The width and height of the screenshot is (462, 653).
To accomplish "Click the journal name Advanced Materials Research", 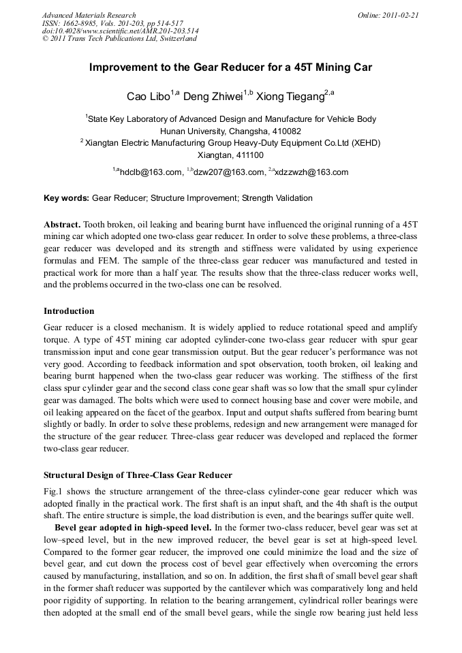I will [x=89, y=15].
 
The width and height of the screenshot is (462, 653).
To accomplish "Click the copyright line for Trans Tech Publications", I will [x=119, y=39].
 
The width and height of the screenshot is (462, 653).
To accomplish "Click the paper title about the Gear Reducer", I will [x=230, y=68].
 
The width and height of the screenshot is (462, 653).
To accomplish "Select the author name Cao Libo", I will [x=148, y=96].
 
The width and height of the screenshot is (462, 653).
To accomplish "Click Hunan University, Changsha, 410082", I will [x=230, y=131].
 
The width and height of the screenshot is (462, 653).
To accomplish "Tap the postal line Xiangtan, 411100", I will [x=230, y=155].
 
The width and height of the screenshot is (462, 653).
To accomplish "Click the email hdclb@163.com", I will [x=151, y=172].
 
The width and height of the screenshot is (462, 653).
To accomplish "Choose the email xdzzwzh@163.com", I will [x=311, y=172].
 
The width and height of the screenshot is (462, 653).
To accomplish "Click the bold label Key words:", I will [x=66, y=198].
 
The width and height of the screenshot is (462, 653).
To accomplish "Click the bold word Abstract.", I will [x=62, y=224].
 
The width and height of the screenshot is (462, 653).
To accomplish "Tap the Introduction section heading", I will [x=69, y=310].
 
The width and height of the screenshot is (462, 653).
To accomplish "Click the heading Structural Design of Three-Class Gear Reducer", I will [x=138, y=475].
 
